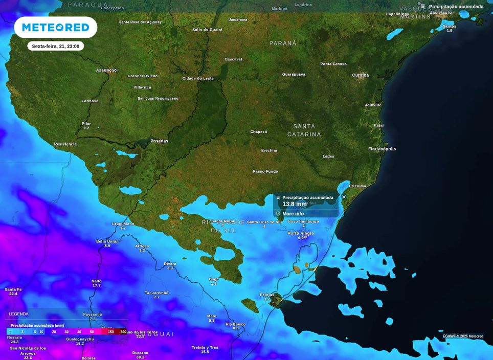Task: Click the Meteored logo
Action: (x=55, y=27)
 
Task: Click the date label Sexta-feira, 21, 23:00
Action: (x=55, y=46)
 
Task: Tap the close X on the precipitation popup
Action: (x=344, y=197)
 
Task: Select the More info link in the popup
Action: (x=293, y=214)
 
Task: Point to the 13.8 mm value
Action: (x=294, y=204)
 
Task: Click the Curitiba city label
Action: (x=360, y=75)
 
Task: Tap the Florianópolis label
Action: (x=382, y=149)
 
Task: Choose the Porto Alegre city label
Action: (x=301, y=233)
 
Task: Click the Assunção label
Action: (x=106, y=70)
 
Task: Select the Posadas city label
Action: (x=159, y=141)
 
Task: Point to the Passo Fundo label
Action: (x=265, y=171)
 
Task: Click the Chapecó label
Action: (x=258, y=131)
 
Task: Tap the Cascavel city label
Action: (x=233, y=59)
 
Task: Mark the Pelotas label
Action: (x=267, y=295)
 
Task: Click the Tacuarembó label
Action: (x=156, y=292)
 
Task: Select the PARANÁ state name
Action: (x=283, y=43)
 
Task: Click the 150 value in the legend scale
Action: (x=110, y=332)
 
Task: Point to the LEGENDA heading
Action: (x=19, y=314)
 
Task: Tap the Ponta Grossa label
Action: (x=333, y=64)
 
